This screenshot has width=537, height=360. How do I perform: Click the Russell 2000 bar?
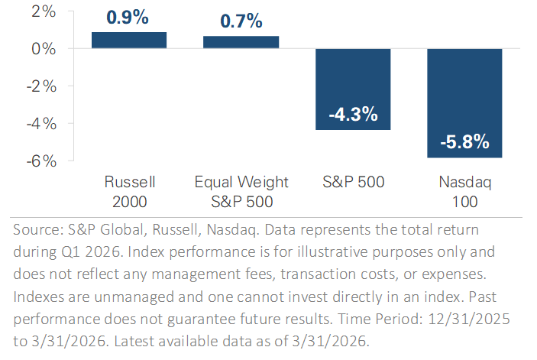[x=129, y=41]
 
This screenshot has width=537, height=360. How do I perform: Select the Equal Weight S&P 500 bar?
[x=241, y=42]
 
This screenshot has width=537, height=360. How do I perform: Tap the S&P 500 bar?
[x=353, y=89]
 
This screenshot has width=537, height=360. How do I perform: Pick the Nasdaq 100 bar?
[x=464, y=102]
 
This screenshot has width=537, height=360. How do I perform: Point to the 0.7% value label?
[x=241, y=21]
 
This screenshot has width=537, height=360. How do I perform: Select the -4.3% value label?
[x=353, y=114]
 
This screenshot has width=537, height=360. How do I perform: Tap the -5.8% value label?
[x=464, y=142]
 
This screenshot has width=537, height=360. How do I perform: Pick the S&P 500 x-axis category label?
[x=353, y=182]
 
